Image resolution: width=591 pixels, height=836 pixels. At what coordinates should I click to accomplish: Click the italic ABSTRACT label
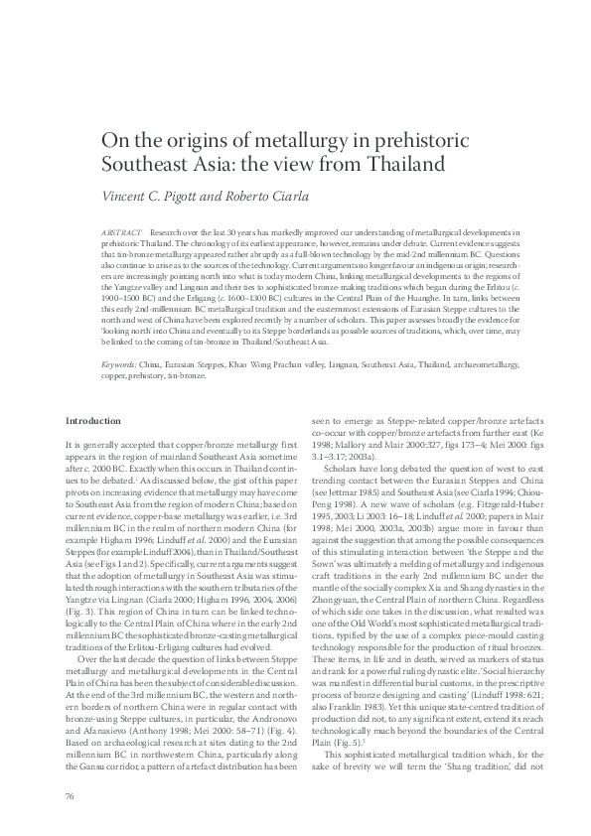pyautogui.click(x=122, y=230)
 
